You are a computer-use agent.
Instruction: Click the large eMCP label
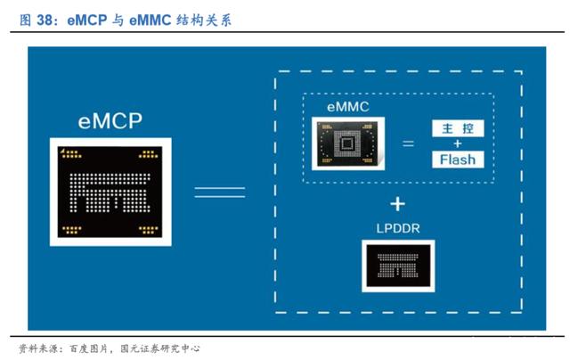click(110, 121)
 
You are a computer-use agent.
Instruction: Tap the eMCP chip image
click(110, 192)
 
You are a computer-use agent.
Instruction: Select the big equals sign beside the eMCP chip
click(220, 192)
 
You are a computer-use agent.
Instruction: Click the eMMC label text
click(348, 107)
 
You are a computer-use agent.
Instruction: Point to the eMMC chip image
click(348, 143)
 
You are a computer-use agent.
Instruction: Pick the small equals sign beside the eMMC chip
click(408, 143)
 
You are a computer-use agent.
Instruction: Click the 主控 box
click(458, 128)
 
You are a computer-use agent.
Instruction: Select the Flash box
click(458, 160)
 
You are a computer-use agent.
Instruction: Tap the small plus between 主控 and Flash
click(458, 144)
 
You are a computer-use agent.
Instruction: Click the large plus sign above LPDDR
click(398, 204)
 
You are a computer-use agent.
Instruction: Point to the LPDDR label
click(398, 228)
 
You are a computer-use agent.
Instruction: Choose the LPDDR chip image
click(398, 266)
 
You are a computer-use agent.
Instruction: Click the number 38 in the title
click(45, 20)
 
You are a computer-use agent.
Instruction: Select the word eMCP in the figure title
click(87, 20)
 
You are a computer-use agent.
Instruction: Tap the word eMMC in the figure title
click(151, 20)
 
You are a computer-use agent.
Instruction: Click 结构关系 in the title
click(204, 20)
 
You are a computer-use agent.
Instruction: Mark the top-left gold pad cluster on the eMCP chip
click(71, 154)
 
